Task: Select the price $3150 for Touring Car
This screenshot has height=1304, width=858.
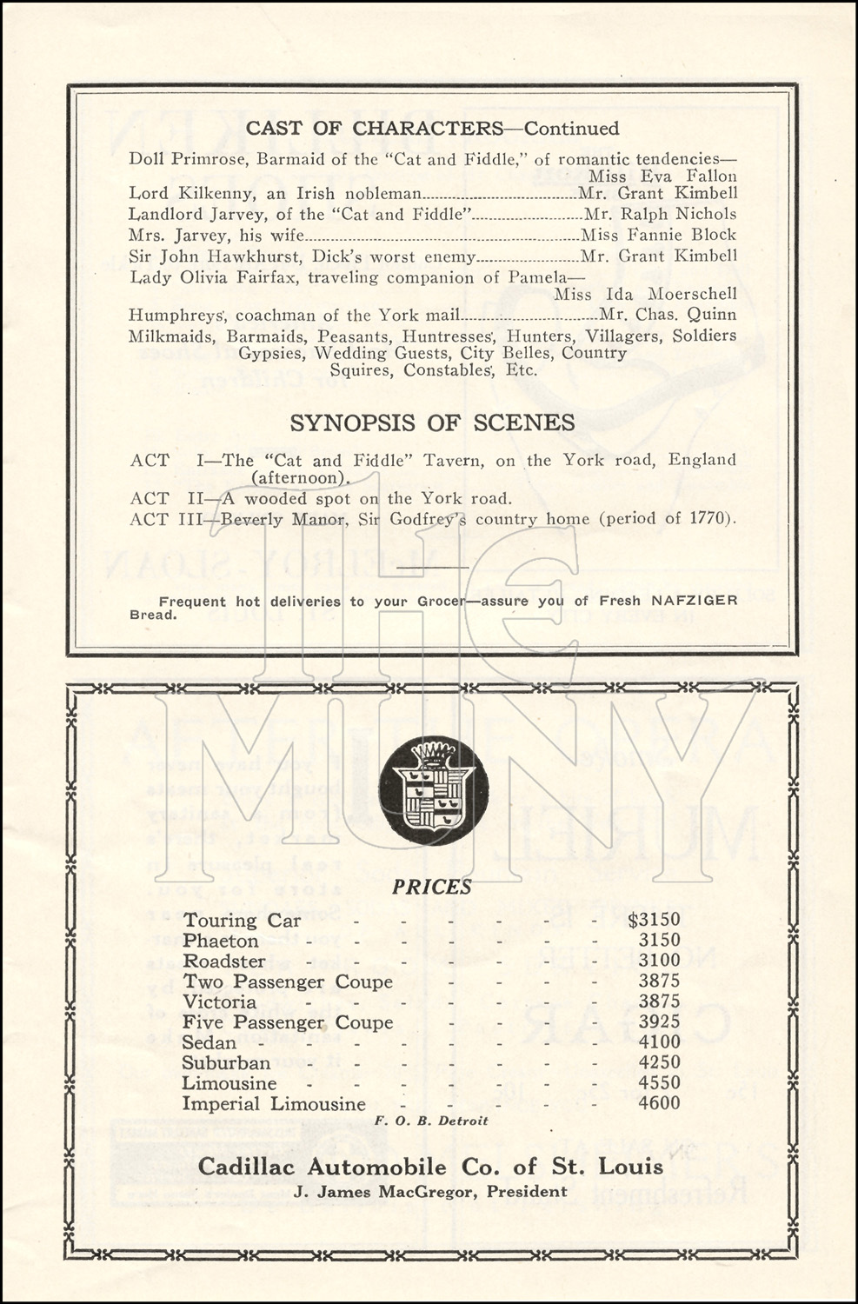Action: click(x=654, y=920)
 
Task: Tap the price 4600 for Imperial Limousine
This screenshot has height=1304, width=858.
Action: click(x=659, y=1104)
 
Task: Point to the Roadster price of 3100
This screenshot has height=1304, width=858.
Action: click(x=659, y=961)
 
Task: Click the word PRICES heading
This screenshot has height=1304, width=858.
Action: click(x=431, y=887)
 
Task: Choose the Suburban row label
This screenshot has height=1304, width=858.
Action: click(x=226, y=1063)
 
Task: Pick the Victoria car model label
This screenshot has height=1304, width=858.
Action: click(x=219, y=1001)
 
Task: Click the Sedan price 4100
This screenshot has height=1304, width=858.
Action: click(x=659, y=1042)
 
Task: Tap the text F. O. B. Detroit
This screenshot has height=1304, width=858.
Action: click(x=431, y=1121)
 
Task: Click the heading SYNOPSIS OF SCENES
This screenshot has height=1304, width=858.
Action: click(x=432, y=422)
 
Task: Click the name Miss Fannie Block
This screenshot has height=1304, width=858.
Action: click(x=658, y=235)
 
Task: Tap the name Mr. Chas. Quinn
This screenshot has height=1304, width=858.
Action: click(x=668, y=315)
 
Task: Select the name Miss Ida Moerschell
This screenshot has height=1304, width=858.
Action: click(x=645, y=295)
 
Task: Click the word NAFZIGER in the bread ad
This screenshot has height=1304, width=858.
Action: click(x=695, y=601)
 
